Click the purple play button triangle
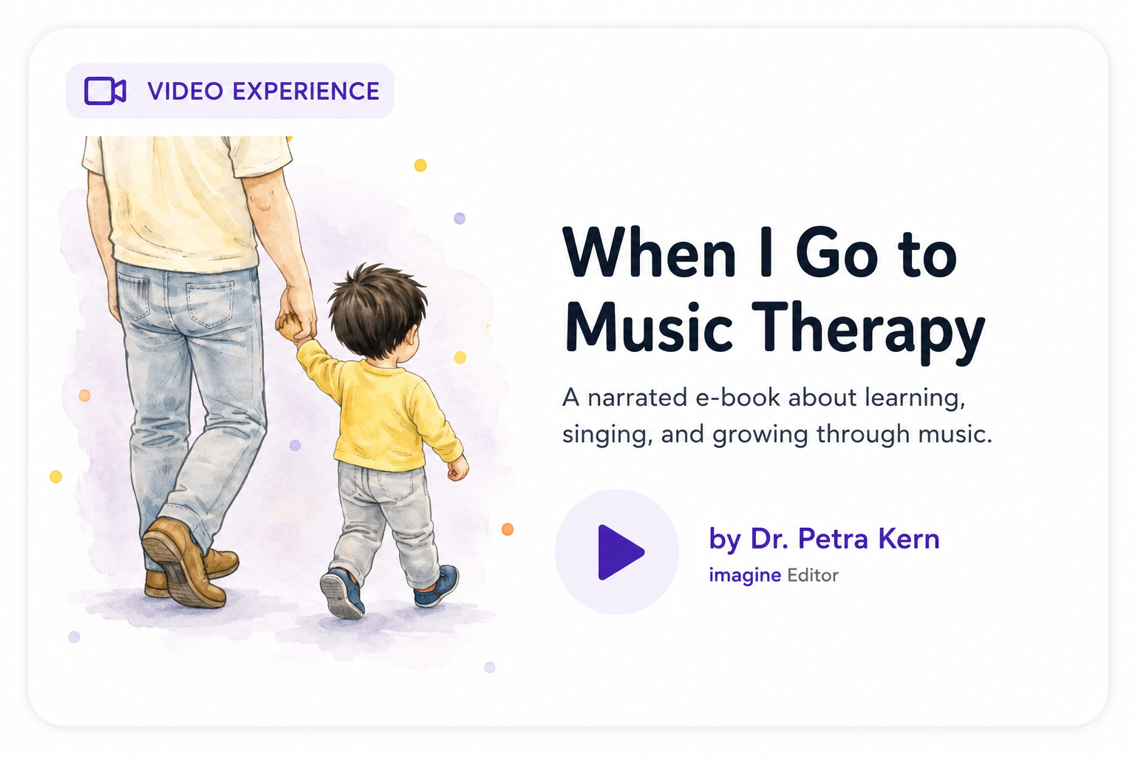[618, 552]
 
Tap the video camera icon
[105, 91]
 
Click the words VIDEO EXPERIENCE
[264, 91]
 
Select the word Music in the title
[649, 327]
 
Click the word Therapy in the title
[868, 332]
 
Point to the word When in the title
[649, 252]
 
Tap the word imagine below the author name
[745, 575]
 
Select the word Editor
[813, 575]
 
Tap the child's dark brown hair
[378, 309]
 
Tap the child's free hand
[457, 467]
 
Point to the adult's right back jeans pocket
[209, 305]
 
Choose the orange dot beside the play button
[507, 529]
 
